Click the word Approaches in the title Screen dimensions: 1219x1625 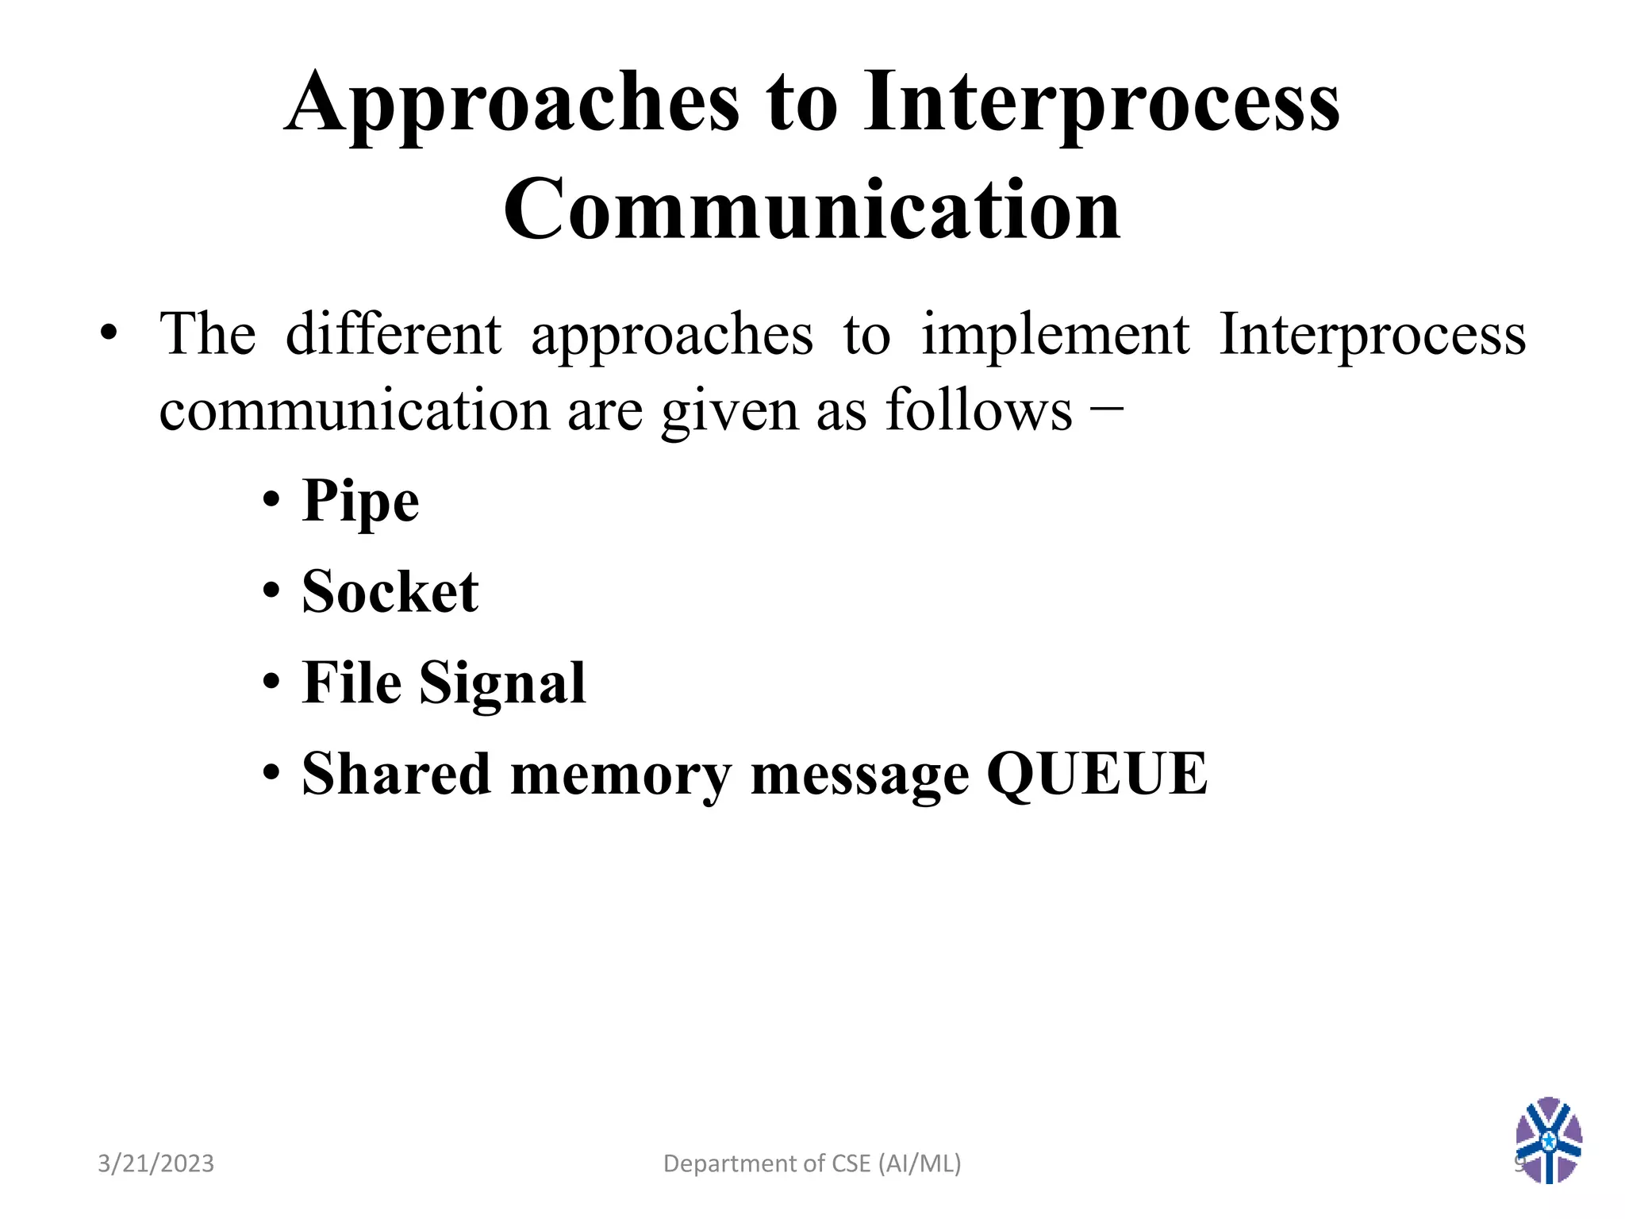(x=512, y=103)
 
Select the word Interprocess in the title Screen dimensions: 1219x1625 (x=1102, y=103)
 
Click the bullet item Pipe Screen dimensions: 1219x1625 (x=360, y=502)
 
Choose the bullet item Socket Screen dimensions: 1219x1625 (x=390, y=593)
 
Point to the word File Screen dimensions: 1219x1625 (x=352, y=683)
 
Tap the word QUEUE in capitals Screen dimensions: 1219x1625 (x=1097, y=774)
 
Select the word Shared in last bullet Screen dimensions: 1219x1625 (x=396, y=774)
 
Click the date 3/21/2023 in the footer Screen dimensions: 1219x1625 (x=156, y=1163)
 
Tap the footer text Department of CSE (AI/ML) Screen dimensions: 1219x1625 (x=812, y=1163)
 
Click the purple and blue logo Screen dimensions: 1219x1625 (x=1548, y=1140)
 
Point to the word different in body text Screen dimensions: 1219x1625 (x=393, y=334)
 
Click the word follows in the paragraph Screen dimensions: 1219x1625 (x=978, y=410)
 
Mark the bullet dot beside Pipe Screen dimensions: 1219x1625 (x=271, y=501)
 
